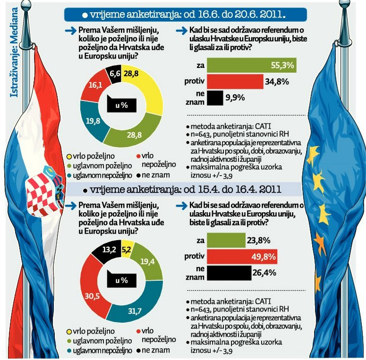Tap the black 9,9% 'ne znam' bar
[x=215, y=98]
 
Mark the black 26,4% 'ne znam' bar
[x=230, y=273]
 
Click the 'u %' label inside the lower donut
[x=122, y=281]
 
